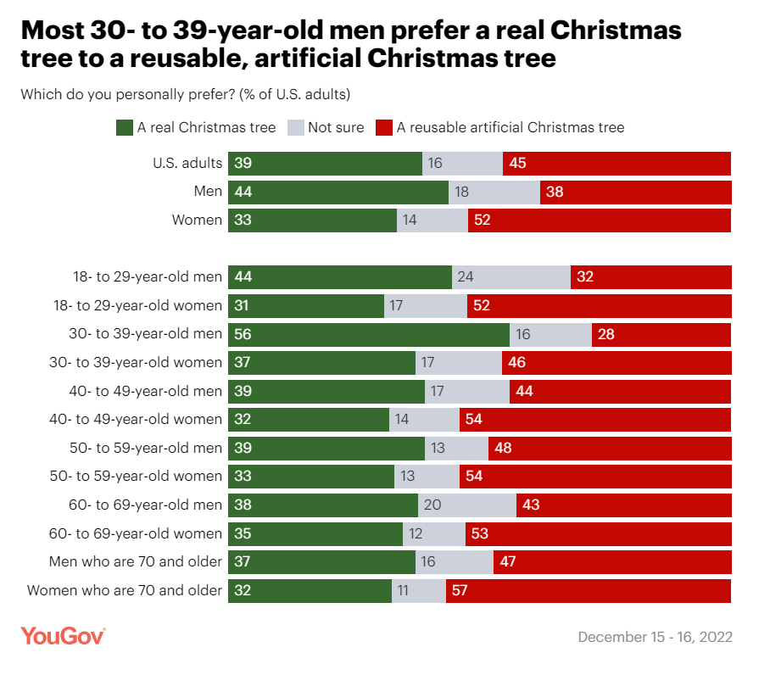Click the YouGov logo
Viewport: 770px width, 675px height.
click(x=63, y=636)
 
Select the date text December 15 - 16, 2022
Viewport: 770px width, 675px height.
click(x=655, y=637)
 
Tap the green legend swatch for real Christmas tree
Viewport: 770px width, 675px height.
click(x=124, y=128)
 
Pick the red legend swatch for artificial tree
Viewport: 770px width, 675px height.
click(x=383, y=128)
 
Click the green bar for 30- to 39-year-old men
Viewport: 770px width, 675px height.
click(x=368, y=335)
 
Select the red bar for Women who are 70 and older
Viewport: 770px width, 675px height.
click(x=588, y=591)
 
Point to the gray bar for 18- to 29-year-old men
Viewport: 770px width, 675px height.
click(x=511, y=277)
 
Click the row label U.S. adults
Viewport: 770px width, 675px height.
click(x=187, y=164)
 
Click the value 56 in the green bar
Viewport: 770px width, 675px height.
click(x=243, y=335)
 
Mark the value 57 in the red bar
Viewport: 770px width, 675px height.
click(x=460, y=591)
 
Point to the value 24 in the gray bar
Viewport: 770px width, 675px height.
click(x=464, y=277)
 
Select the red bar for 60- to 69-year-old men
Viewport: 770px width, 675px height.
click(x=623, y=505)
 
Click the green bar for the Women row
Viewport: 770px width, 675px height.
click(x=312, y=220)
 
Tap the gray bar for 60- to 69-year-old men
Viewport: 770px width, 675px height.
click(x=467, y=505)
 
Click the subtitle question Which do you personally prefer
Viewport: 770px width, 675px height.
click(x=186, y=93)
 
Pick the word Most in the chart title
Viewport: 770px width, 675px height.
click(x=58, y=31)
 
